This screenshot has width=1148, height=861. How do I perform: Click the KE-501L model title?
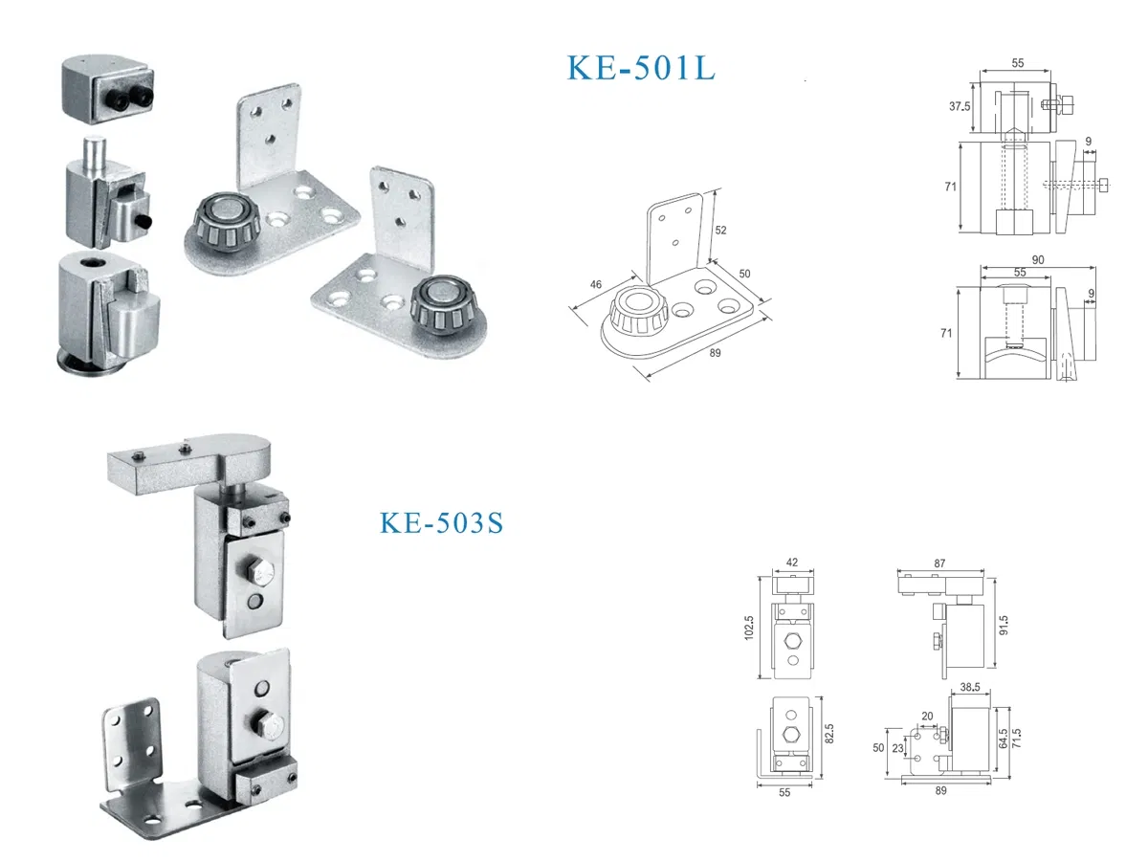(640, 69)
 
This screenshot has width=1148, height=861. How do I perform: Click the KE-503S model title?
(441, 523)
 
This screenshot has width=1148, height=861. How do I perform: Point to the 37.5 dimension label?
(960, 107)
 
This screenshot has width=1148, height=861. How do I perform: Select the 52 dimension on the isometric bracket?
(720, 230)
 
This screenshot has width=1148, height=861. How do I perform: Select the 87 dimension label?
(939, 564)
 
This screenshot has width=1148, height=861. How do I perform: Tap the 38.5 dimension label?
(968, 687)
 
